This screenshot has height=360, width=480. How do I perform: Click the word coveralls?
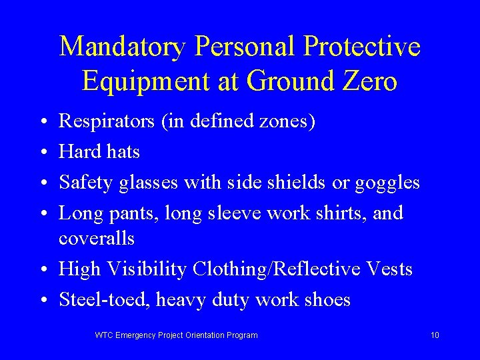pyautogui.click(x=97, y=238)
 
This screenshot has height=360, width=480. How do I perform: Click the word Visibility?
pyautogui.click(x=147, y=269)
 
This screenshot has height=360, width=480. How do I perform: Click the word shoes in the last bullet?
pyautogui.click(x=325, y=299)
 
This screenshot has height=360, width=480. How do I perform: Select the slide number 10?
pyautogui.click(x=435, y=335)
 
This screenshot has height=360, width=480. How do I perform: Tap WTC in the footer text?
pyautogui.click(x=105, y=335)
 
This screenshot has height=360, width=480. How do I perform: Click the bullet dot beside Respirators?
pyautogui.click(x=42, y=123)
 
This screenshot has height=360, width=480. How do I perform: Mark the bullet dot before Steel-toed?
pyautogui.click(x=42, y=300)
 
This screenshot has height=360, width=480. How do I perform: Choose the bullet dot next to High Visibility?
pyautogui.click(x=42, y=270)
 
